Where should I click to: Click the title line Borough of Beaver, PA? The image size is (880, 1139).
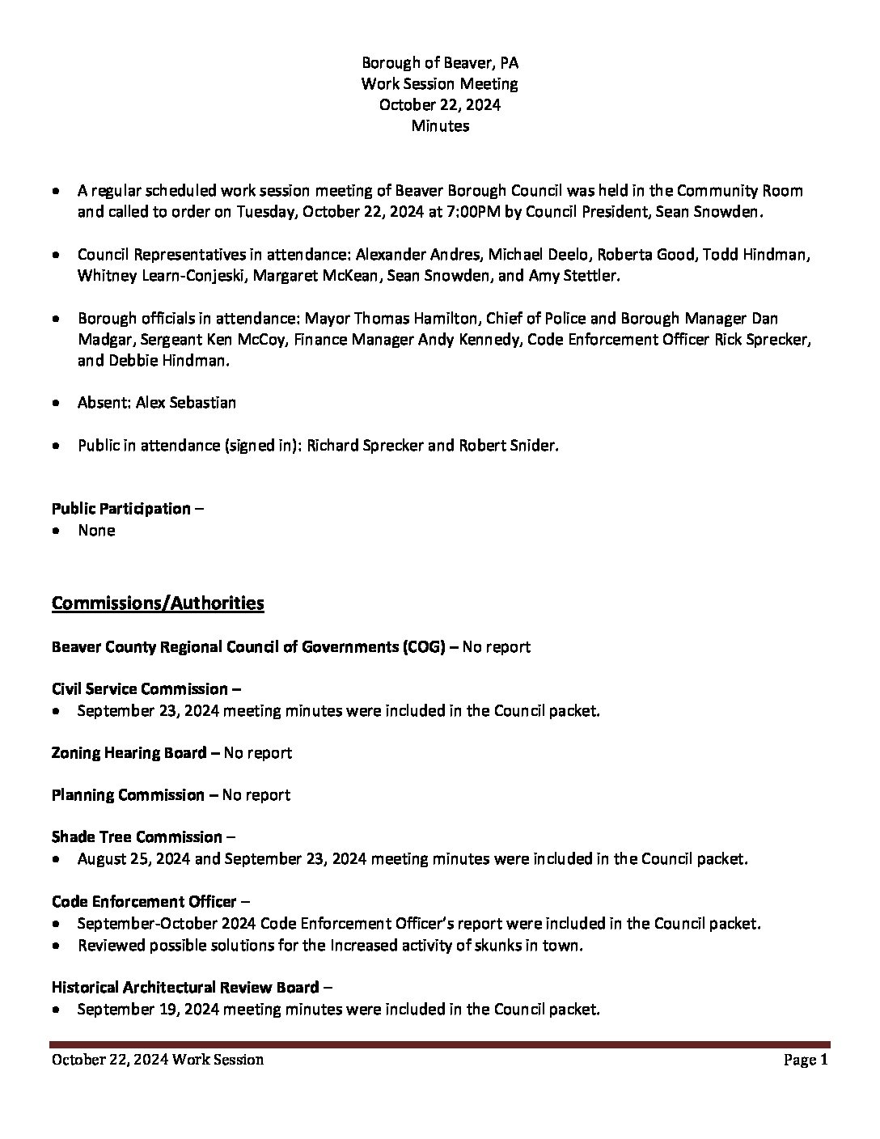click(x=440, y=63)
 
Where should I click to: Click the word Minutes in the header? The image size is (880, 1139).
click(x=440, y=126)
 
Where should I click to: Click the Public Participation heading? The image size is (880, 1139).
click(x=121, y=509)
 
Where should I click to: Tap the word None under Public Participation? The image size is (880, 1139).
click(x=96, y=531)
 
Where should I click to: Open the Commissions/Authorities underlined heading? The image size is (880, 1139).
click(x=158, y=603)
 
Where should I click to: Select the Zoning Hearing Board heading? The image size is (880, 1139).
click(x=129, y=753)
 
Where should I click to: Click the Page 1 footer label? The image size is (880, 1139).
click(x=806, y=1061)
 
